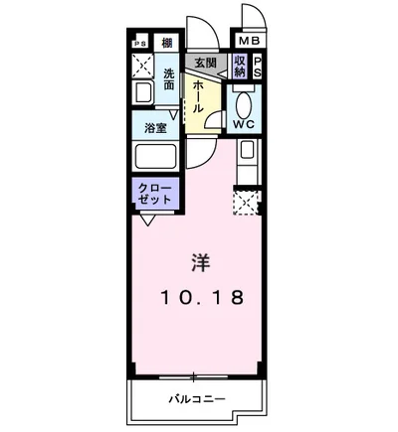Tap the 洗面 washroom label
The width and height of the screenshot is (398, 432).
[x=169, y=78]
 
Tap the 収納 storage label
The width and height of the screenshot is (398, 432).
[x=240, y=67]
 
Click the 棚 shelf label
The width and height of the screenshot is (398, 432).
[x=166, y=42]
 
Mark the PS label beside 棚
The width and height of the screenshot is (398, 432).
[x=141, y=42]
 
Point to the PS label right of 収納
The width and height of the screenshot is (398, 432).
[x=258, y=67]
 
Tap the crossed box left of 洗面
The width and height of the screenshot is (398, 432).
[x=143, y=66]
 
